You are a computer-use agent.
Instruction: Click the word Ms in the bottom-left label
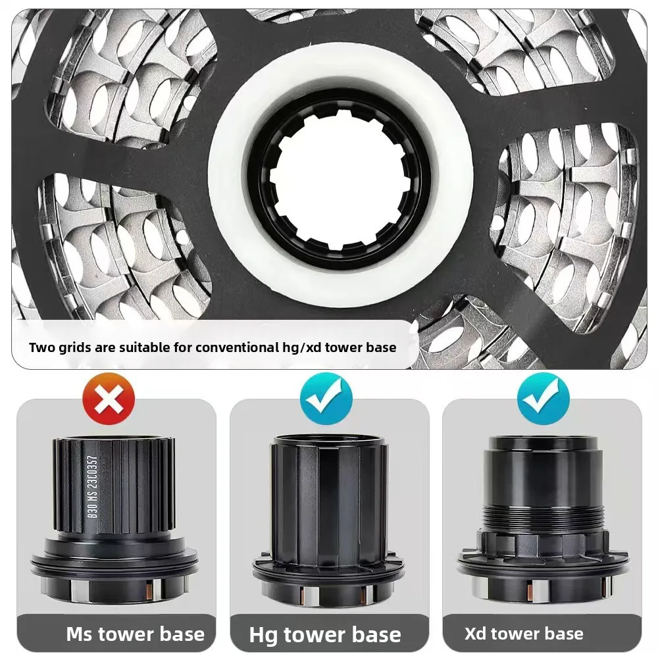tap(81, 634)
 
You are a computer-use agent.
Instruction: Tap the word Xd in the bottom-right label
tap(476, 633)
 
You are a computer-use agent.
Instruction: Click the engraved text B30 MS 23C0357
tap(93, 487)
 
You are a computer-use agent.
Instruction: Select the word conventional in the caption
tap(235, 347)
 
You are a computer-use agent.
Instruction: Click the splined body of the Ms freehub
tap(114, 487)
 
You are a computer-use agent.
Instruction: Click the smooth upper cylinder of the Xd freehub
tap(545, 478)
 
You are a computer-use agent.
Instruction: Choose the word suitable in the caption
tap(143, 347)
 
